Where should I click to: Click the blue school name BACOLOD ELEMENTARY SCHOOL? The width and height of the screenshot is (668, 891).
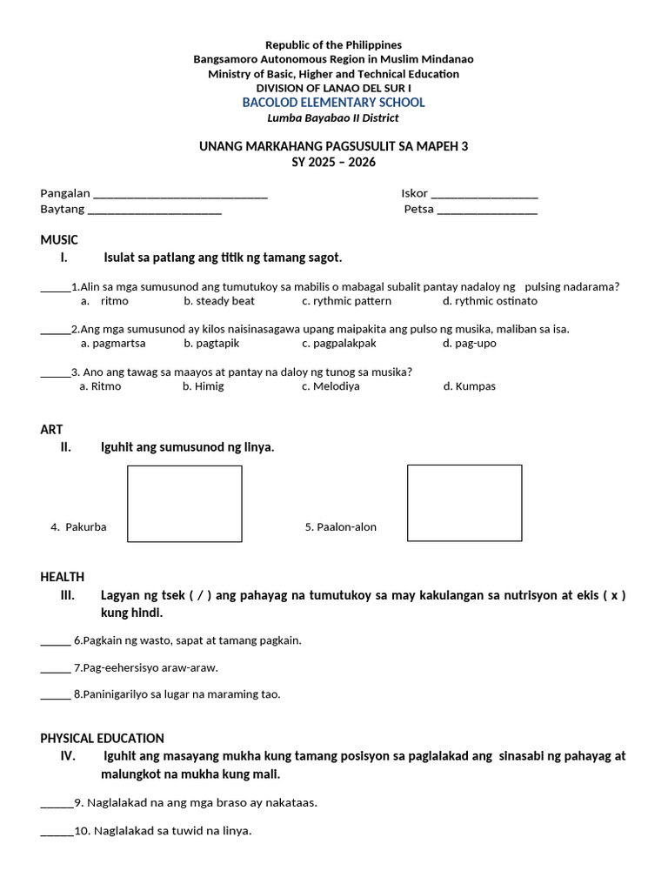point(333,103)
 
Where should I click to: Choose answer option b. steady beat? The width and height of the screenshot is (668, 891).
point(219,301)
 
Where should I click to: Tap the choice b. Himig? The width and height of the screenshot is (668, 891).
point(203,386)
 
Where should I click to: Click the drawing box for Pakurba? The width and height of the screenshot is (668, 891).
point(184,504)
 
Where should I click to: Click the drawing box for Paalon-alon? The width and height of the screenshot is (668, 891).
point(464,503)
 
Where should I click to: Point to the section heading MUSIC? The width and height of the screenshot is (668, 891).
point(59,239)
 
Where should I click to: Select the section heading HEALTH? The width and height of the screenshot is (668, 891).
point(63,577)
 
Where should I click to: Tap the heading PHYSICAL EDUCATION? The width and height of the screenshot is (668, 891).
point(102,738)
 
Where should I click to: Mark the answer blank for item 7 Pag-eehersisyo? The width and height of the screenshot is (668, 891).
point(56,670)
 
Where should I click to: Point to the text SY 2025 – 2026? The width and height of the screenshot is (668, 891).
point(333,163)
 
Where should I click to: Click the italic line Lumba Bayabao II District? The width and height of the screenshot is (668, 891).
point(333,118)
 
